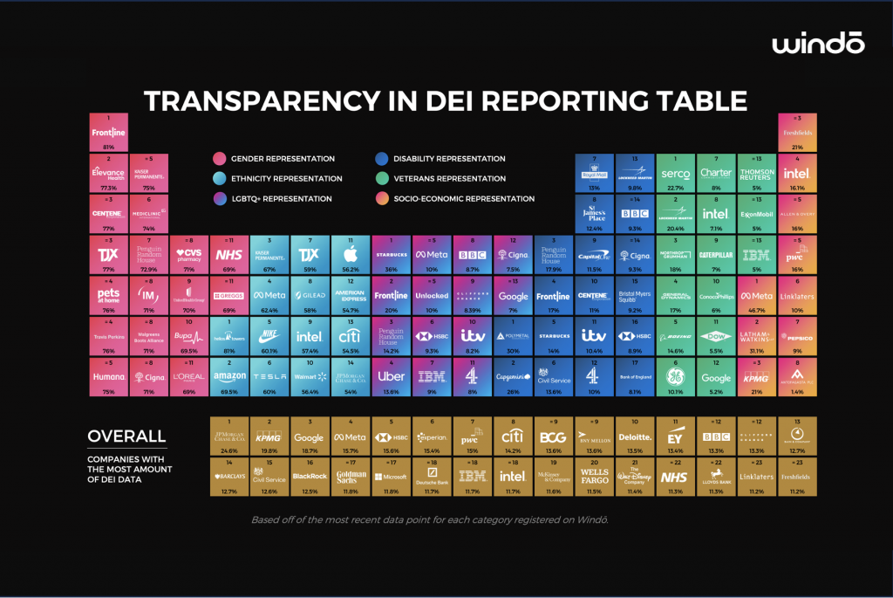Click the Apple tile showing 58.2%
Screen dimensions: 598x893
[x=350, y=255]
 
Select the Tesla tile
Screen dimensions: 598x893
[x=270, y=375]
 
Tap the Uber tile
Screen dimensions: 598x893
[x=391, y=375]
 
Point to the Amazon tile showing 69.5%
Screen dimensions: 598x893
[x=229, y=375]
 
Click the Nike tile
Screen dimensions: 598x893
[x=270, y=335]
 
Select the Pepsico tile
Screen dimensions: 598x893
[x=796, y=335]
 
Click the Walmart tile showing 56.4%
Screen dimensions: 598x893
[x=310, y=375]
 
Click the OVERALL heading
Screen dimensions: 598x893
[x=126, y=436]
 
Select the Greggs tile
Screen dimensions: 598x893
[x=229, y=295]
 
